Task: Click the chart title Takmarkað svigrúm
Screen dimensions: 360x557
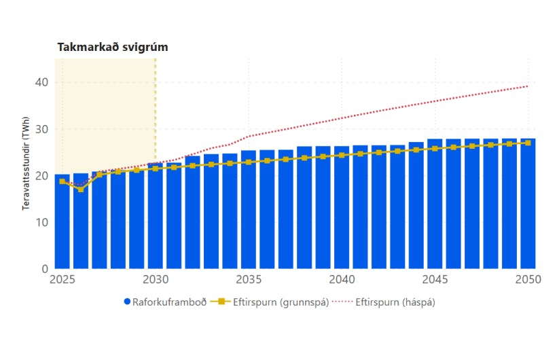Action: [x=112, y=48]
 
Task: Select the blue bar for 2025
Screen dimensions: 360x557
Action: [x=62, y=224]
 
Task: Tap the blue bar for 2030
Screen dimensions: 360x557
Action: [x=156, y=217]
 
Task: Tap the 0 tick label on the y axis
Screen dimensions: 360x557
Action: [x=44, y=269]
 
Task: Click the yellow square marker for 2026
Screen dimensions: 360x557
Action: [x=81, y=189]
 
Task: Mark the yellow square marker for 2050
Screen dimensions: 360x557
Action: [x=528, y=143]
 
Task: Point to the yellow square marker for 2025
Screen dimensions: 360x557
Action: [x=62, y=181]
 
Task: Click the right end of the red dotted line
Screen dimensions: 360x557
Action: [x=528, y=86]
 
